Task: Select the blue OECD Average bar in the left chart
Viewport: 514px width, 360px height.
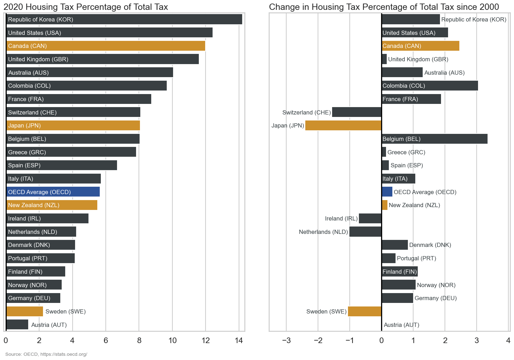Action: [53, 192]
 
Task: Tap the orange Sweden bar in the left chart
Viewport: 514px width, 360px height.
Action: [25, 311]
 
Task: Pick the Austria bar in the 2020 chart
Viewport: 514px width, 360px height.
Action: [17, 325]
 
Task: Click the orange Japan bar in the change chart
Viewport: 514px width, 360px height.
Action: [343, 125]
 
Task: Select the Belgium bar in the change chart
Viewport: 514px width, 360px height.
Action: [434, 139]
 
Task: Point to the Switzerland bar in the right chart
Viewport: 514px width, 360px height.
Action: [357, 112]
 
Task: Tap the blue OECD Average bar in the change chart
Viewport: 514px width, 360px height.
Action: [387, 192]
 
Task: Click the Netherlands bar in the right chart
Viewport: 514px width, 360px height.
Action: [366, 232]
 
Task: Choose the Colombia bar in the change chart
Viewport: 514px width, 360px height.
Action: [430, 86]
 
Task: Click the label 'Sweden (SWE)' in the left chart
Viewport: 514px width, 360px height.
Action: [66, 311]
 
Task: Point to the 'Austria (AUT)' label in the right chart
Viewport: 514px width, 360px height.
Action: [402, 325]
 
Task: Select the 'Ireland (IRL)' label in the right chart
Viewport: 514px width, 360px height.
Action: [341, 218]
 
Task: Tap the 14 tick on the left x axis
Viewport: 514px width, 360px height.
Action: [239, 340]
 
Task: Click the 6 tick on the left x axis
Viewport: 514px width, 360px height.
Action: [106, 340]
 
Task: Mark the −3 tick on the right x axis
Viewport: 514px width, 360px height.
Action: [286, 340]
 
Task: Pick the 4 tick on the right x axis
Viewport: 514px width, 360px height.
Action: [508, 340]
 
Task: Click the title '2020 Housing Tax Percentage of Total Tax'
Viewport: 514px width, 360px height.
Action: [86, 7]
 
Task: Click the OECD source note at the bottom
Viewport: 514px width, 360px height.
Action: [46, 354]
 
